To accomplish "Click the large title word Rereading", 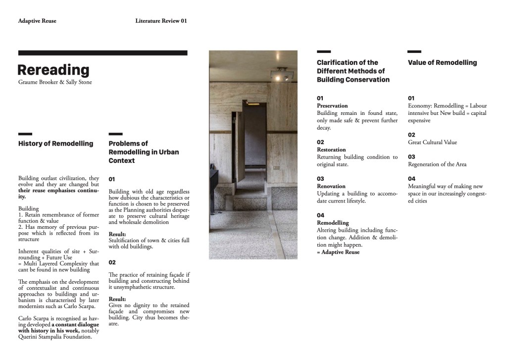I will coord(53,70).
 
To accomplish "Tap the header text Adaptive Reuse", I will coord(37,21).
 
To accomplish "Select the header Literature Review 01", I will coord(161,21).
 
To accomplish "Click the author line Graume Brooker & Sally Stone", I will coord(55,82).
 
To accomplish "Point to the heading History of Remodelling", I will coord(55,144).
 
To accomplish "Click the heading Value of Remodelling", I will coord(442,63).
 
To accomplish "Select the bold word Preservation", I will coord(332,106).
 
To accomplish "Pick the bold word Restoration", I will coord(331,150).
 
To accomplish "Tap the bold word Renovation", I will coord(331,186).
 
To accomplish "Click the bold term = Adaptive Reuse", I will coord(338,252).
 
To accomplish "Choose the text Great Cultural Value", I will coord(432,143).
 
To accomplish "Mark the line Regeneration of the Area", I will coord(437,164).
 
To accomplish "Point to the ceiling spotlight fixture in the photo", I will coord(282,75).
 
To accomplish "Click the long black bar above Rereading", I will coord(102,53).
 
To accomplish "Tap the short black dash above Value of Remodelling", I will coord(414,51).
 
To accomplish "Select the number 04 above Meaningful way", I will coord(411,179).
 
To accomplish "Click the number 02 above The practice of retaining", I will coord(112,262).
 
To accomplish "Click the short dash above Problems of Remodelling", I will coord(115,134).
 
